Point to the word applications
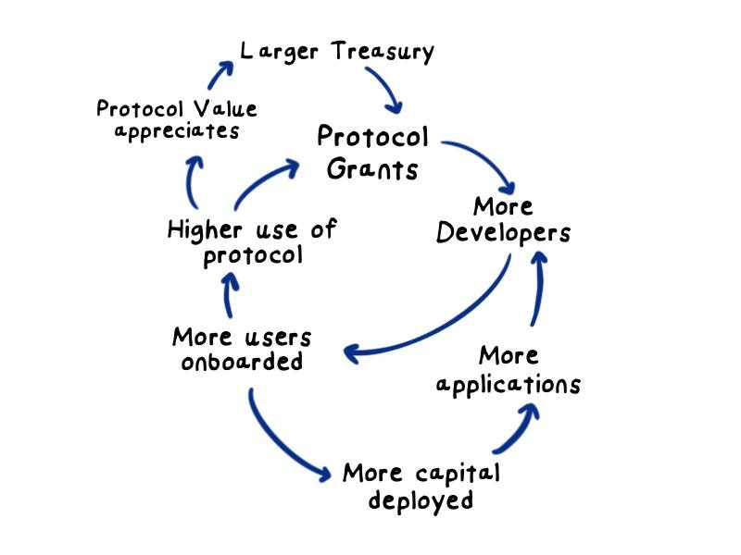click(x=509, y=384)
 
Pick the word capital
click(x=455, y=474)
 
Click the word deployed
click(x=421, y=501)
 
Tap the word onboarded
click(x=242, y=362)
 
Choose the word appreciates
click(x=176, y=130)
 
